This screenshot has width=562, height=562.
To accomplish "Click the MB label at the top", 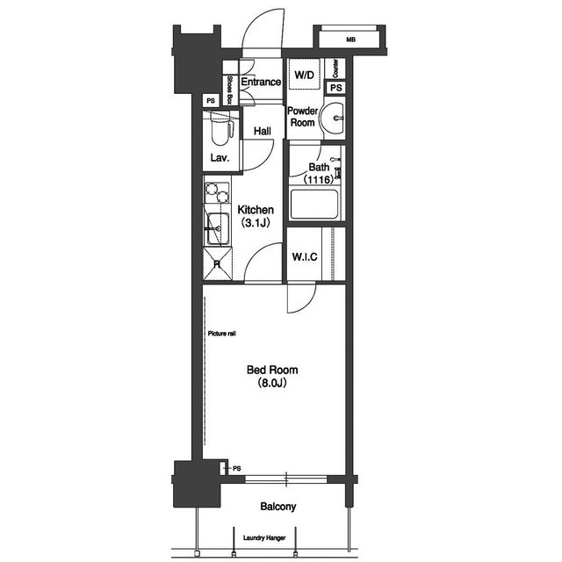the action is [350, 40].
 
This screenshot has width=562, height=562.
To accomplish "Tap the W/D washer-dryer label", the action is [304, 75].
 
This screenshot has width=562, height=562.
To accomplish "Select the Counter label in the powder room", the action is [335, 68].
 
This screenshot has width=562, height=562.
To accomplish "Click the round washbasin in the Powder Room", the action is [332, 118].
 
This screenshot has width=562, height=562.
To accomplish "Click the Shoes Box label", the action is [229, 90].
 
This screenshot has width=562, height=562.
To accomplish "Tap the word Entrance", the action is [261, 82].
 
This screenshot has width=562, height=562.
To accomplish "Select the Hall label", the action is [263, 131].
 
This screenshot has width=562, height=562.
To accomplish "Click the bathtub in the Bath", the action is [314, 205].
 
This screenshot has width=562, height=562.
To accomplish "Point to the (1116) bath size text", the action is [319, 179].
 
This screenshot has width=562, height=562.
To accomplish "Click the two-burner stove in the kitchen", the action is [217, 193].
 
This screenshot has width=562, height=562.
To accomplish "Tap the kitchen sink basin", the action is [217, 228].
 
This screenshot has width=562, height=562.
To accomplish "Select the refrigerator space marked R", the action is [217, 264].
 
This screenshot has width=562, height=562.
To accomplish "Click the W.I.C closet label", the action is [305, 257].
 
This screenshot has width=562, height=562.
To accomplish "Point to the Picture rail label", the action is [222, 334].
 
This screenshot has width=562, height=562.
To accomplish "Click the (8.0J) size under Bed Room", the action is [272, 383].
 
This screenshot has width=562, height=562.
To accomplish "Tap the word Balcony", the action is [278, 507].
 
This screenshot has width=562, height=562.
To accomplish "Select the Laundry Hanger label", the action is [264, 537].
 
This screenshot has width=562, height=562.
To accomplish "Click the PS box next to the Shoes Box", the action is [211, 101].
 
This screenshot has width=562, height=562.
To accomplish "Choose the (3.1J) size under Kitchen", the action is [256, 223].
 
